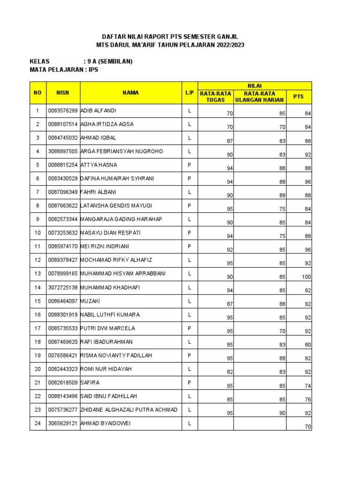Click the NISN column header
63,93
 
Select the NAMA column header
131,93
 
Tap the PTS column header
299,96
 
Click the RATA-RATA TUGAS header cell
216,97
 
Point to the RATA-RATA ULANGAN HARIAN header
260,97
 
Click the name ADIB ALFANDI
98,111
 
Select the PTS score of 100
306,277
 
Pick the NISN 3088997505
63,151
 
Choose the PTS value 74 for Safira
307,386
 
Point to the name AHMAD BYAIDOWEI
105,423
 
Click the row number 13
37,274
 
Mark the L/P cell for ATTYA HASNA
190,165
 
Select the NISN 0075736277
63,410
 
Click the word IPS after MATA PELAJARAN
93,69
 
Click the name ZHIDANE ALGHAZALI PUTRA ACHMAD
129,410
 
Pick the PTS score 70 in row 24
307,427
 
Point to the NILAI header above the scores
255,85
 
